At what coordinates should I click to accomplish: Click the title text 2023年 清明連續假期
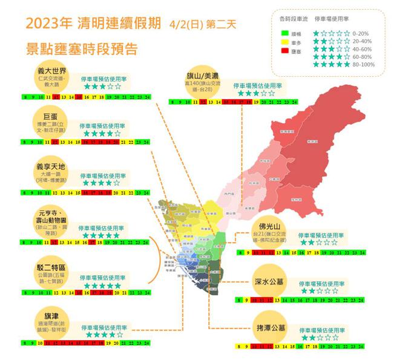(94, 24)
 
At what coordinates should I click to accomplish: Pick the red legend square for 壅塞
(285, 54)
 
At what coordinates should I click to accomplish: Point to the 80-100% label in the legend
(364, 64)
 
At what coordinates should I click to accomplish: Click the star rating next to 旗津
(104, 333)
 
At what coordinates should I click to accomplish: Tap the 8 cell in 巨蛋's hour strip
(24, 142)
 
